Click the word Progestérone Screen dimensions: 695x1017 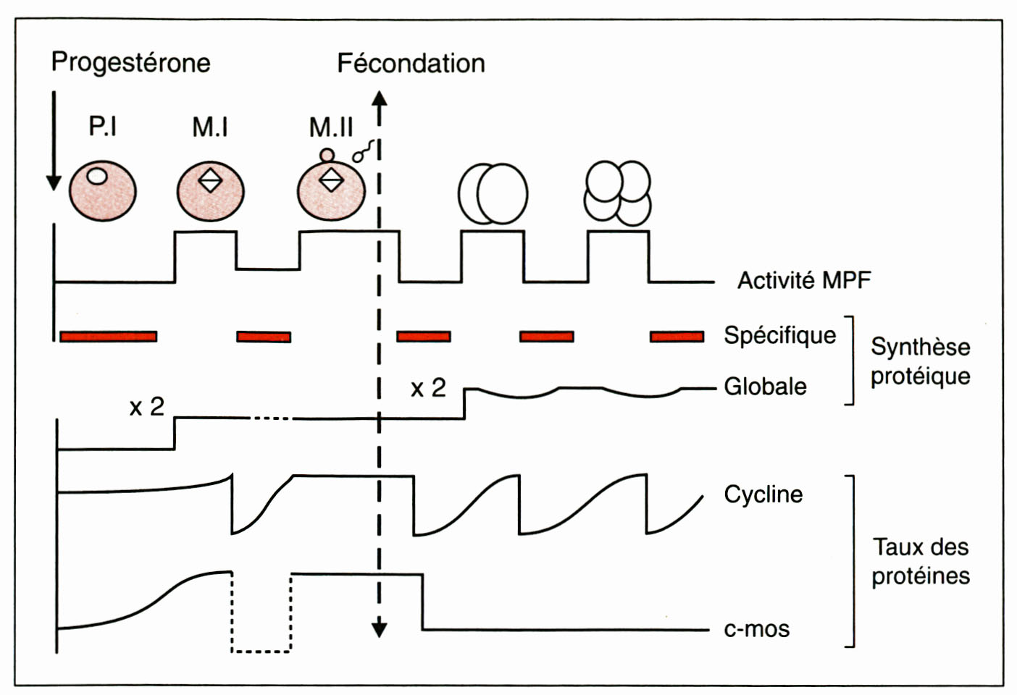130,63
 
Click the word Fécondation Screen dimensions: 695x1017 411,64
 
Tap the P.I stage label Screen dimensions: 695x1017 103,127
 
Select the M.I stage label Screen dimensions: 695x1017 210,127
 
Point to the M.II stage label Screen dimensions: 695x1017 331,127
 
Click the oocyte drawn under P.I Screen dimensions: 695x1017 103,191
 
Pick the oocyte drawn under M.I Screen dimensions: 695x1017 211,191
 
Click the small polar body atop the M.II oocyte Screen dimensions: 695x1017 327,155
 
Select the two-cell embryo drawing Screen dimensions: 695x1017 493,194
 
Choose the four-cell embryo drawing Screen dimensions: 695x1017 618,193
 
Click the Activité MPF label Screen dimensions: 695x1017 804,280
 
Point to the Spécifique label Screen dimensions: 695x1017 779,335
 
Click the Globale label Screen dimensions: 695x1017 765,387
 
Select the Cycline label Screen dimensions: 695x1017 763,494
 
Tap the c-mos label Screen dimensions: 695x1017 756,629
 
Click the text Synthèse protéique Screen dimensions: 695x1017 920,361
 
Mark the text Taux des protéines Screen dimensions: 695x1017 920,561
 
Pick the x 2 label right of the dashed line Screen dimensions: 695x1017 428,389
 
